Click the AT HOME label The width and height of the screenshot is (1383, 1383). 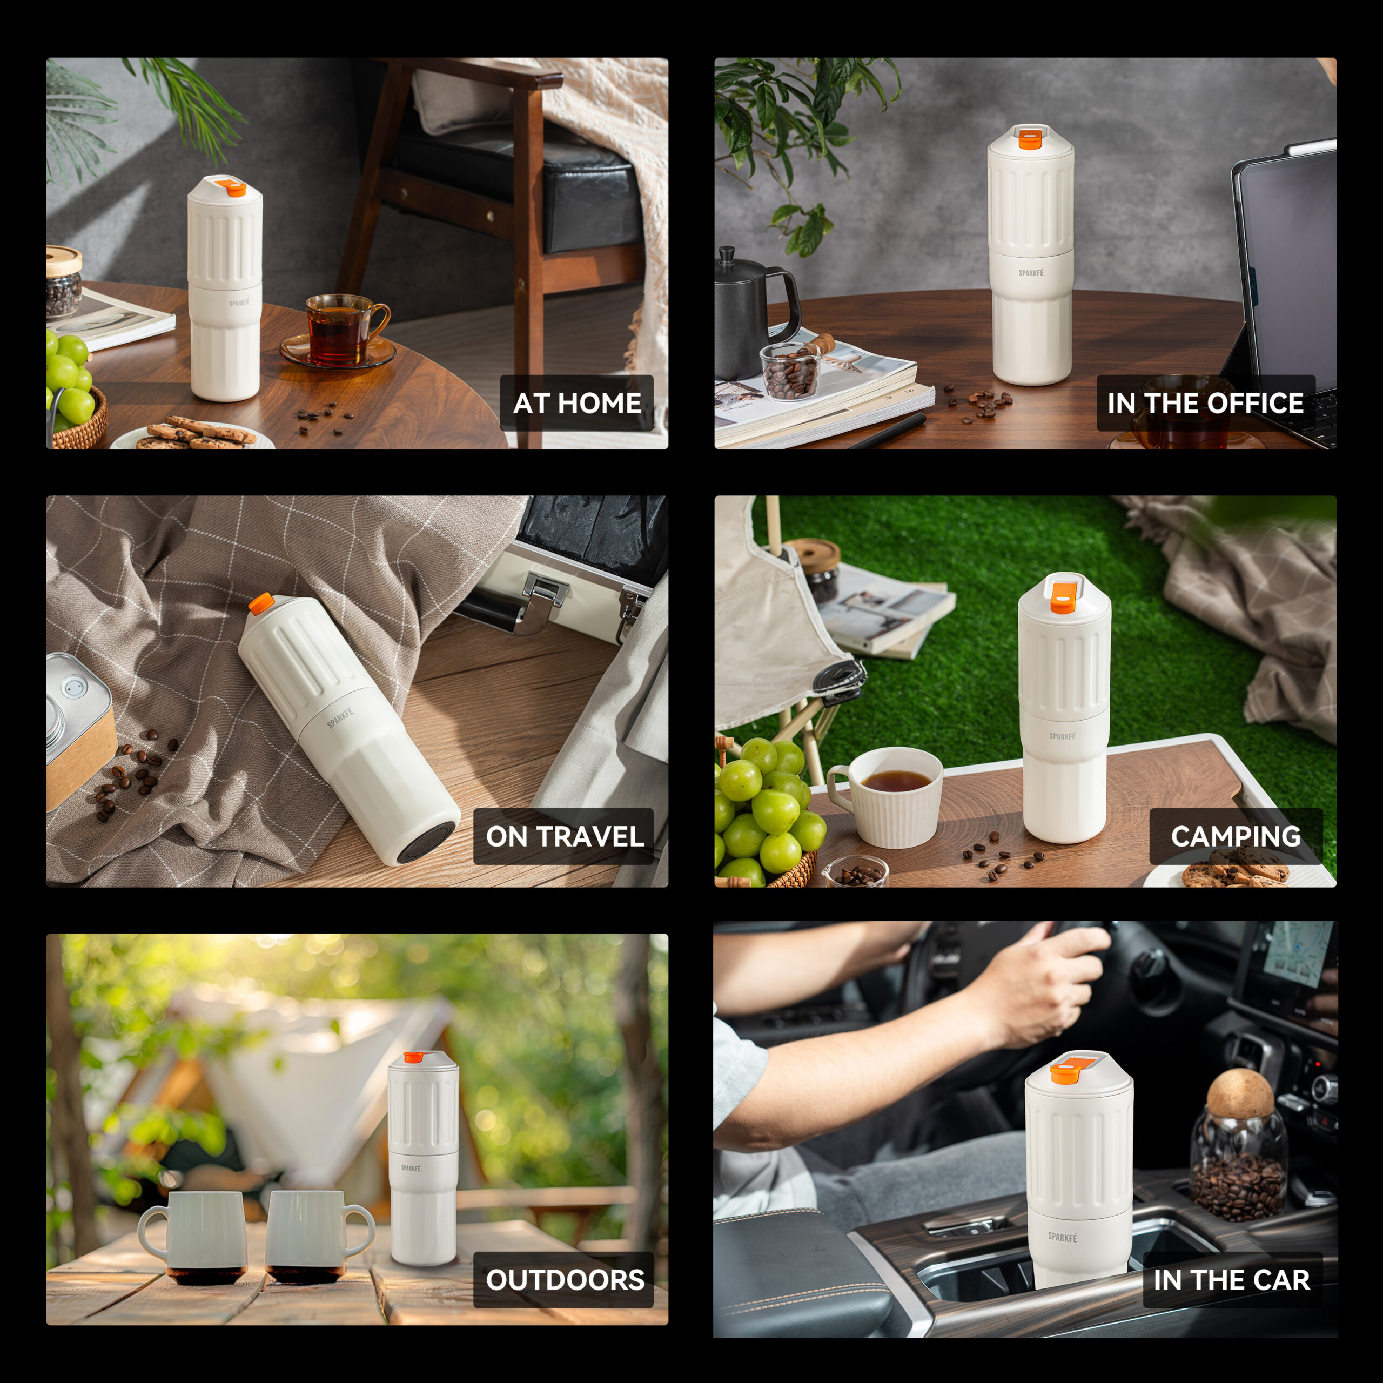(x=577, y=403)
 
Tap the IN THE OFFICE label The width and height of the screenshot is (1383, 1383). (x=1205, y=403)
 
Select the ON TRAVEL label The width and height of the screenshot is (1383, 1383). (x=564, y=836)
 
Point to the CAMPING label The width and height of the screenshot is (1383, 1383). (x=1236, y=836)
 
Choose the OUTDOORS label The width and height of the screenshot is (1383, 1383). (x=564, y=1279)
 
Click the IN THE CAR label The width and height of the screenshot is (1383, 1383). (x=1232, y=1279)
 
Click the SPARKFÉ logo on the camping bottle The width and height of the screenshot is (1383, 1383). (x=1062, y=736)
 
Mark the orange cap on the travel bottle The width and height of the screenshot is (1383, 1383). (x=260, y=603)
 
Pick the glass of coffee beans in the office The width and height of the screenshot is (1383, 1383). (x=789, y=371)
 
